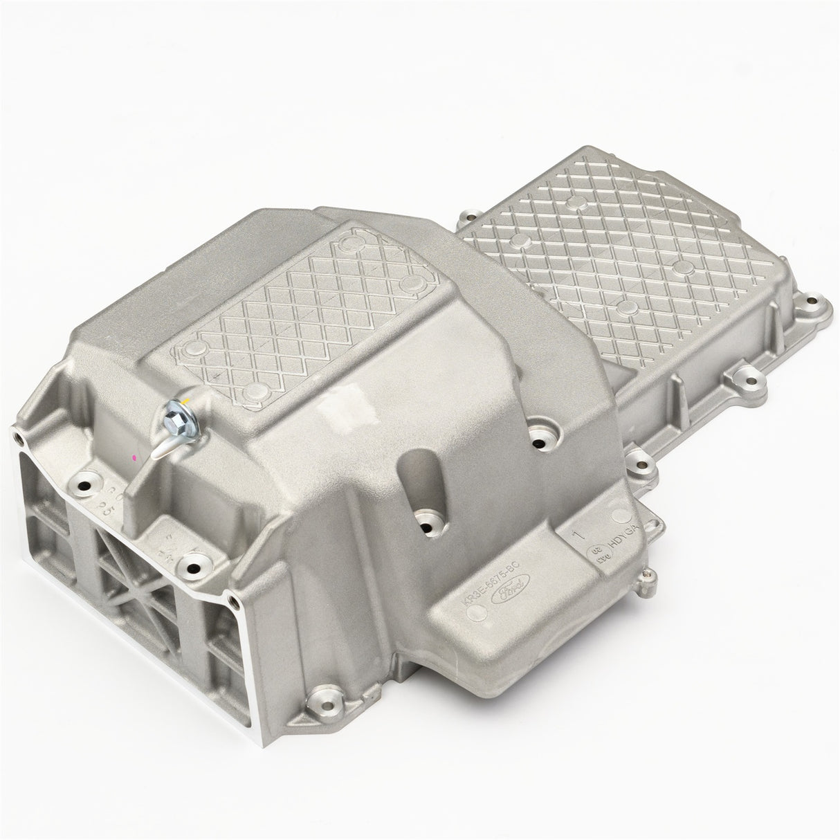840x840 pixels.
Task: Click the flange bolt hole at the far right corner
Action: coord(821,303)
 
